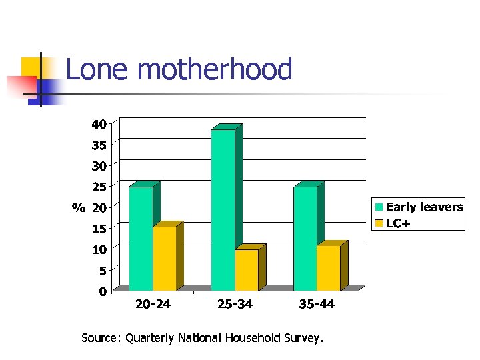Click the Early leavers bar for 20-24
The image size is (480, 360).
click(x=141, y=238)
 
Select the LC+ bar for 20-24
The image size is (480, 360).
click(x=165, y=258)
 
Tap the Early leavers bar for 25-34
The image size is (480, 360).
click(x=223, y=209)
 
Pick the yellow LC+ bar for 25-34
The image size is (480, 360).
click(x=247, y=270)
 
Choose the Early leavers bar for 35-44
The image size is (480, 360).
click(x=305, y=238)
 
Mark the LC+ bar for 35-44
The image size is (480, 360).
click(x=328, y=268)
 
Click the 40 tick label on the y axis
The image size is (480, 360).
click(x=99, y=124)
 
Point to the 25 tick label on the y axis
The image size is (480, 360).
click(x=99, y=187)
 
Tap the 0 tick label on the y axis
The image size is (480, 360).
click(x=103, y=291)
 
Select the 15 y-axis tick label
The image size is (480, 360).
click(x=99, y=229)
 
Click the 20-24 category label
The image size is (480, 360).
click(x=153, y=305)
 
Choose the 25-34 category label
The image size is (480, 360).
click(x=235, y=305)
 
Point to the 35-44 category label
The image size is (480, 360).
click(x=317, y=305)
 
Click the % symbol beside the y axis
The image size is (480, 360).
click(x=79, y=208)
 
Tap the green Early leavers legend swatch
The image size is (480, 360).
click(x=379, y=207)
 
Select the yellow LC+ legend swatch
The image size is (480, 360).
click(x=379, y=223)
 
